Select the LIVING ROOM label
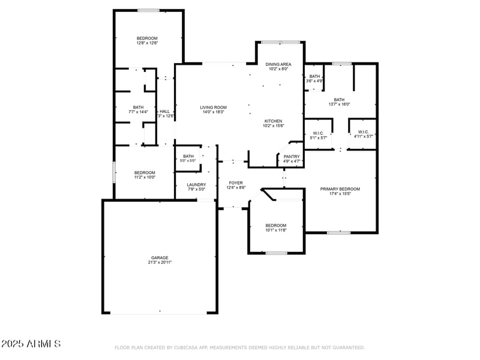click(213, 107)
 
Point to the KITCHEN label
click(273, 121)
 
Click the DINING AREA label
click(278, 64)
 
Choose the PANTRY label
click(292, 157)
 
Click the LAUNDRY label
click(196, 185)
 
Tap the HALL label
click(164, 112)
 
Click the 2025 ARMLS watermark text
click(31, 344)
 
